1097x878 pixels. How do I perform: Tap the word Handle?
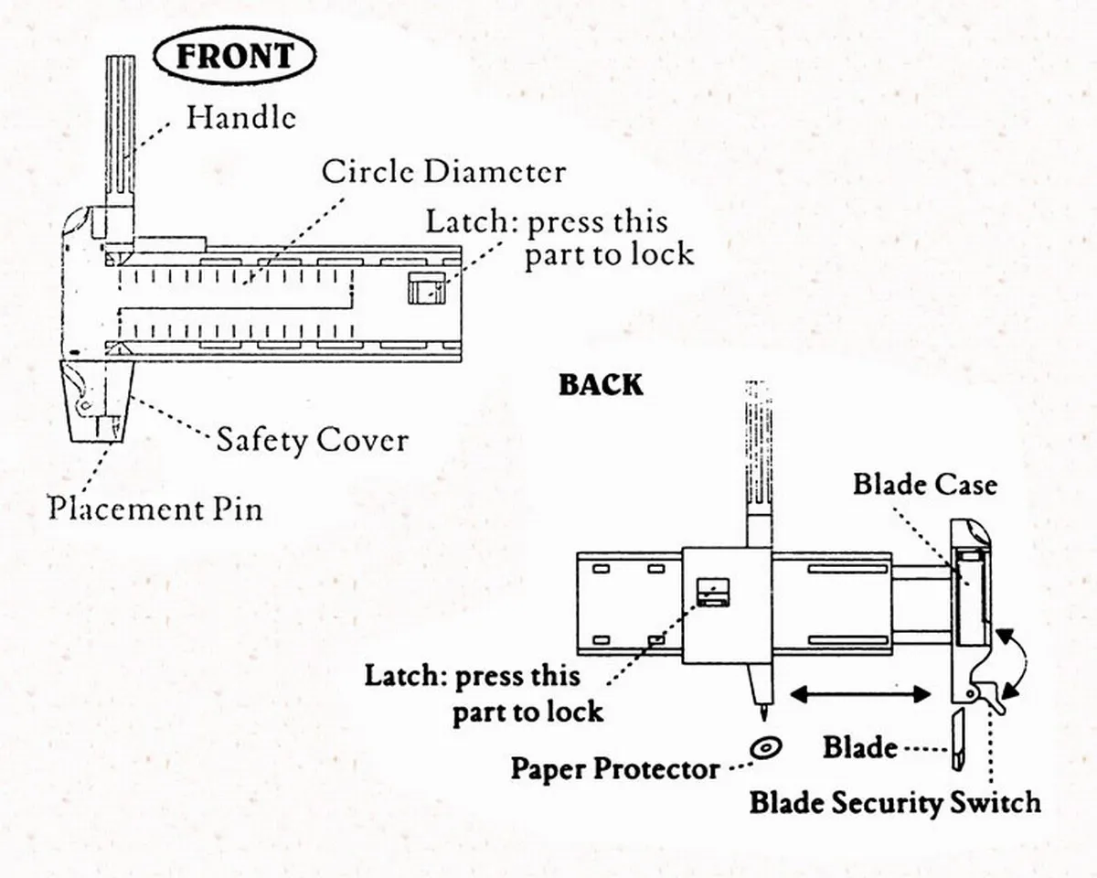pos(241,117)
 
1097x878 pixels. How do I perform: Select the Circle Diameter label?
pos(443,171)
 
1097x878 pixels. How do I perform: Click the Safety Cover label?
pos(312,440)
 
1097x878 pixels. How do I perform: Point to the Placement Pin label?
pos(154,508)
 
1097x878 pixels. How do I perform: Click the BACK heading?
pos(601,385)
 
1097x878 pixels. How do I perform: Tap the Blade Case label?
pos(924,484)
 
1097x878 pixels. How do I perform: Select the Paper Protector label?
pos(615,768)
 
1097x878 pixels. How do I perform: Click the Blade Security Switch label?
pos(895,803)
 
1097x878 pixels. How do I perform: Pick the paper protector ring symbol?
pos(764,747)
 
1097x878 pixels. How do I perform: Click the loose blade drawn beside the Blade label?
pos(956,741)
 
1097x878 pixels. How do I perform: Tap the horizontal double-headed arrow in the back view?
pos(859,696)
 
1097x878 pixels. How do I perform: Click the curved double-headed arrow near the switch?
pos(1017,663)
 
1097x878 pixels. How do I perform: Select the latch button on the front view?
pos(425,290)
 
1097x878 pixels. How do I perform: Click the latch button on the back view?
pos(712,593)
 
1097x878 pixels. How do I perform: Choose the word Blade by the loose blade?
pos(859,747)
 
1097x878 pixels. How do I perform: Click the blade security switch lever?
pos(990,697)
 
